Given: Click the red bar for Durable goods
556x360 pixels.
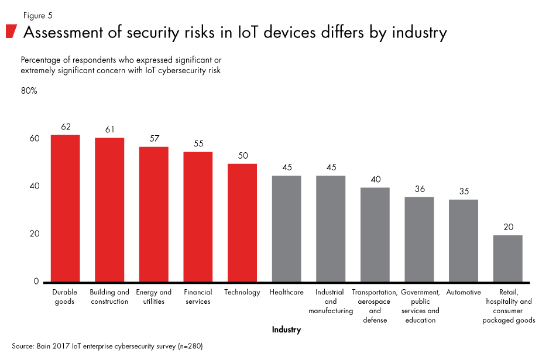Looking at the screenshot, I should pyautogui.click(x=65, y=208).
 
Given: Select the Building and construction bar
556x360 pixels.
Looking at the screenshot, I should pyautogui.click(x=109, y=210).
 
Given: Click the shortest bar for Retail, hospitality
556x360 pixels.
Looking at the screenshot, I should pyautogui.click(x=507, y=258).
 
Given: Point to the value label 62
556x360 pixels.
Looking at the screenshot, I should pyautogui.click(x=65, y=127).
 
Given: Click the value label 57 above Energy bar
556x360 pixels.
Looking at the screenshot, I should pyautogui.click(x=153, y=139).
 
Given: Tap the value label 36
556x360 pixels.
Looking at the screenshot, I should pyautogui.click(x=419, y=189).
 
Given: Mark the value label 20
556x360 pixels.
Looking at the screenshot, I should pyautogui.click(x=507, y=227).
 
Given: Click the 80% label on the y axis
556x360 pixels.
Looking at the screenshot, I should pyautogui.click(x=29, y=91).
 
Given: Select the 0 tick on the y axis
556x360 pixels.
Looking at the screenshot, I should pyautogui.click(x=36, y=282).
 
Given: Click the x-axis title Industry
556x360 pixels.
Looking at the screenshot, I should pyautogui.click(x=286, y=330).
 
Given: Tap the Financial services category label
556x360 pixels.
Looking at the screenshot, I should pyautogui.click(x=198, y=297).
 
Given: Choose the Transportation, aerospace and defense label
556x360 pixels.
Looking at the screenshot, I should pyautogui.click(x=375, y=306).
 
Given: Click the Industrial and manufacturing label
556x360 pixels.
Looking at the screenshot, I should pyautogui.click(x=331, y=301).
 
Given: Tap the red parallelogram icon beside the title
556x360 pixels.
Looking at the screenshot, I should pyautogui.click(x=11, y=32).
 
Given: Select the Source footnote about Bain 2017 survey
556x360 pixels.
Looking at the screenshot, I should pyautogui.click(x=107, y=346).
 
